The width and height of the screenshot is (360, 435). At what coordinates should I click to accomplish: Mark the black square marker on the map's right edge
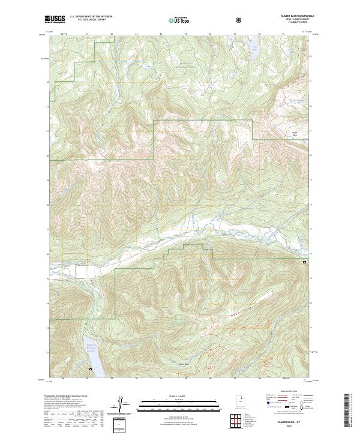coord(304,262)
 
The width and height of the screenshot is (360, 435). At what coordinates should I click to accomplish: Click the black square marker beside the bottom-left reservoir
coord(90,369)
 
